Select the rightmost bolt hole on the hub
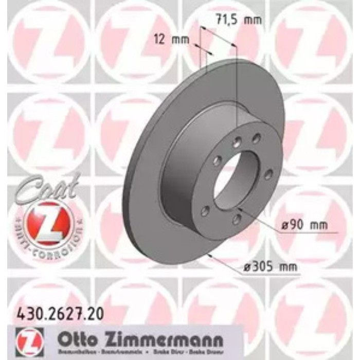click(268, 175)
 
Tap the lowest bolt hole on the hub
click(236, 220)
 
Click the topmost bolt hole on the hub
click(256, 138)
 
